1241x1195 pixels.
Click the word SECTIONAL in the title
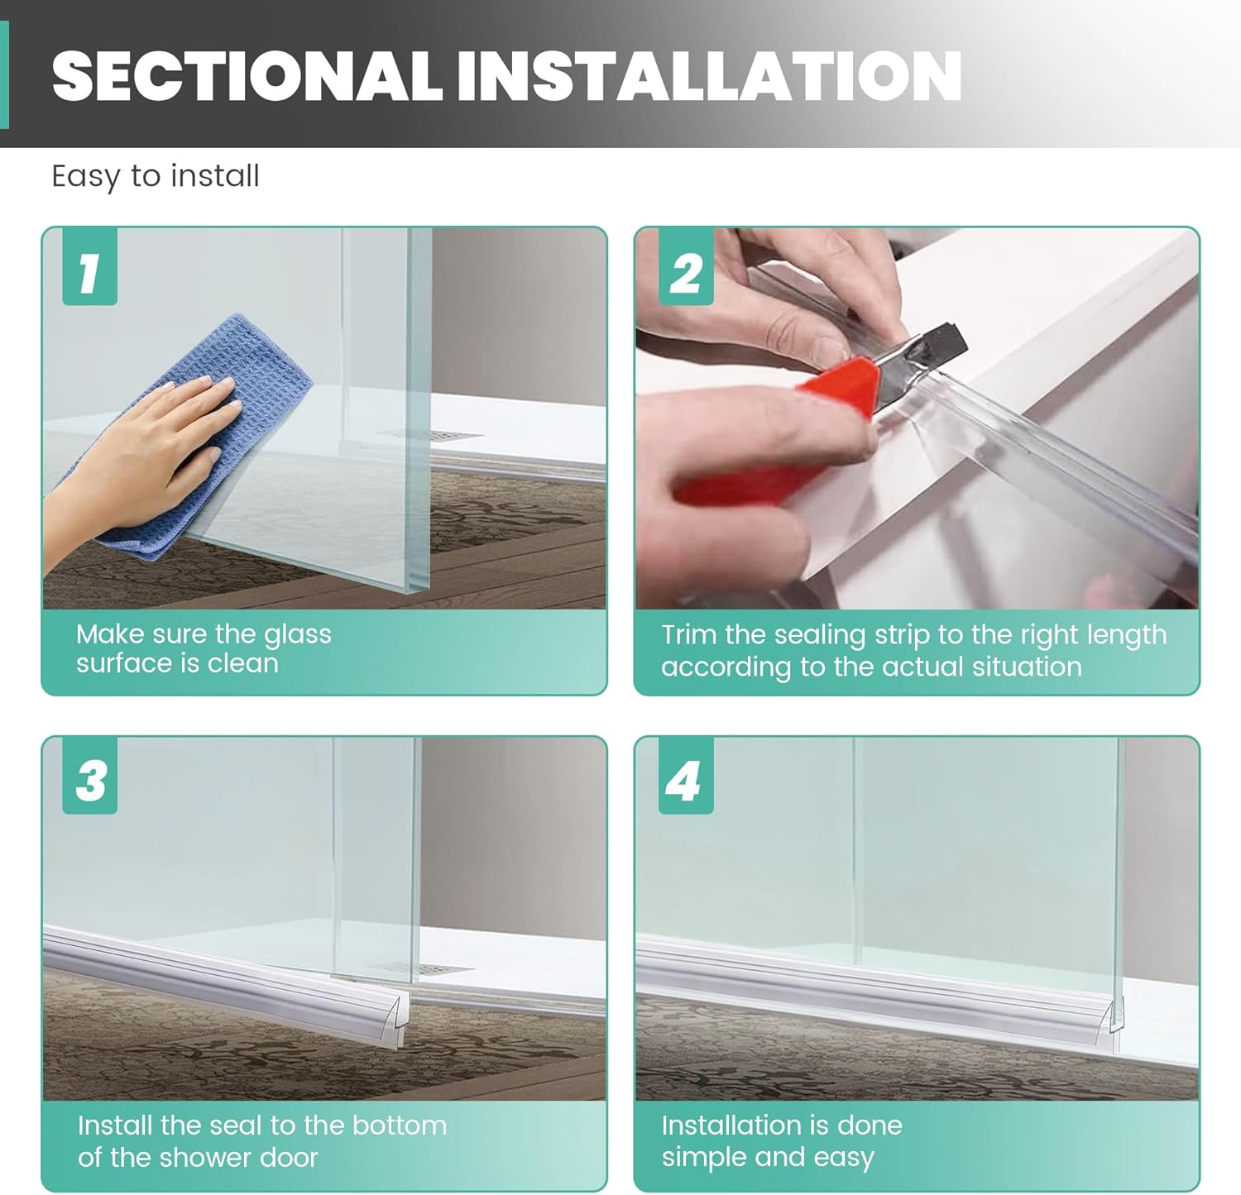pyautogui.click(x=247, y=76)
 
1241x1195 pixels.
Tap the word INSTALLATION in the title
pyautogui.click(x=708, y=76)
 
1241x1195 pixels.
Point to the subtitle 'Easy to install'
pyautogui.click(x=156, y=176)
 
